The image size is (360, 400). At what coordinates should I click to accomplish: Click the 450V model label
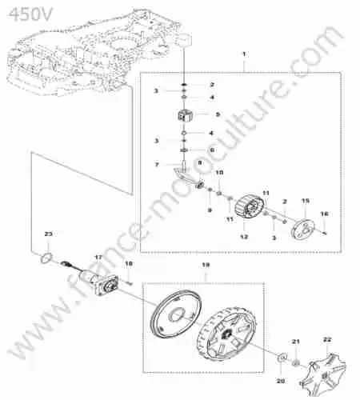pos(31,14)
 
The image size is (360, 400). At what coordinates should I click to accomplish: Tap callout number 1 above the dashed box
pos(244,54)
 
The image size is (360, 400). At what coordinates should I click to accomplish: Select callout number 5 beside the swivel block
pos(218,114)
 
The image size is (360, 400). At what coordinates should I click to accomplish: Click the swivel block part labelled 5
pos(185,115)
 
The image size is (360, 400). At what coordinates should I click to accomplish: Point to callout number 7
pos(157,165)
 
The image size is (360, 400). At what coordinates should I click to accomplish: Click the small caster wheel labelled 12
pos(250,208)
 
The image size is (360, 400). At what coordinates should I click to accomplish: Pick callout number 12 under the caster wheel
pos(244,237)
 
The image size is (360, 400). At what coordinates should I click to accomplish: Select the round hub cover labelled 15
pos(302,227)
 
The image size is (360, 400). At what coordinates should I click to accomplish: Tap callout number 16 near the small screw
pos(324,214)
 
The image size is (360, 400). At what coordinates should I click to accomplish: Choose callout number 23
pos(48,234)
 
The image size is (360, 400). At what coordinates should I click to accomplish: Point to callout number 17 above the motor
pos(98,258)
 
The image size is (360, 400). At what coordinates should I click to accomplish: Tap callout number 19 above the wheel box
pos(206,265)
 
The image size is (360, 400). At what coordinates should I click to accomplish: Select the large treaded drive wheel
pos(226,333)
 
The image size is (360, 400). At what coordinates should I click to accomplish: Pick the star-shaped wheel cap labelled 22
pos(322,370)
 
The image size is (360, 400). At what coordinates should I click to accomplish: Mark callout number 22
pos(327,339)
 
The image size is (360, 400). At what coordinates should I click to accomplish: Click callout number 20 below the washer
pos(281,382)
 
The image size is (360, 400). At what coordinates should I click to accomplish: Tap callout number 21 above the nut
pos(295,342)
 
